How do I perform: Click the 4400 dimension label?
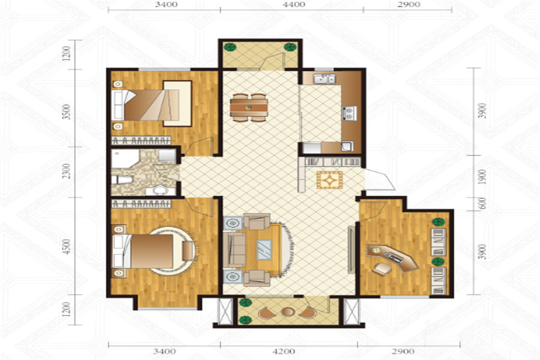coord(295,4)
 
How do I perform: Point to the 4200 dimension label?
coord(283,352)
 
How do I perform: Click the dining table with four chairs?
coord(249,107)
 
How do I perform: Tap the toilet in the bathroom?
coord(122,179)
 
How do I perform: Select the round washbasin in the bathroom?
coord(160,190)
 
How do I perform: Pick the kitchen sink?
coord(324,79)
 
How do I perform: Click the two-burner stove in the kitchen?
coord(349,113)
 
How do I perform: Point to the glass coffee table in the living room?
coord(264,250)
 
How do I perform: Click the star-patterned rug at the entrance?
coord(329,180)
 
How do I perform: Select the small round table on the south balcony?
coord(287,312)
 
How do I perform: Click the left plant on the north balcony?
coord(229,47)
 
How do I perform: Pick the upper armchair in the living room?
coord(257,221)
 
